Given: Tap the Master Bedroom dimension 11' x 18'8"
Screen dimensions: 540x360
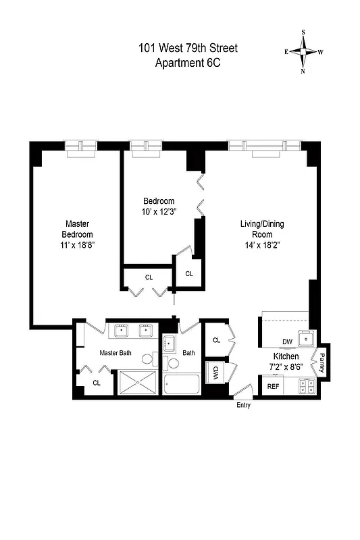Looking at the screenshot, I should point(77,246).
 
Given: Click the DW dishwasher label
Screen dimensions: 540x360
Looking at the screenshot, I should point(287,342).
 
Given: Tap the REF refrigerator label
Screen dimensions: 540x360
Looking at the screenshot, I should point(273,387).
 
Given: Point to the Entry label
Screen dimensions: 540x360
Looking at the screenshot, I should point(243,405).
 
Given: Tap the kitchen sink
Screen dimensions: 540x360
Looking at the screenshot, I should point(306,339).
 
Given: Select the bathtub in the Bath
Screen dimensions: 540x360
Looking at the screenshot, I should point(181,384).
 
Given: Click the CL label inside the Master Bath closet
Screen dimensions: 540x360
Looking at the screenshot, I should point(97,383).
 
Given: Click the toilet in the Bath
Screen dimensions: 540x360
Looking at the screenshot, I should point(173,362).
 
